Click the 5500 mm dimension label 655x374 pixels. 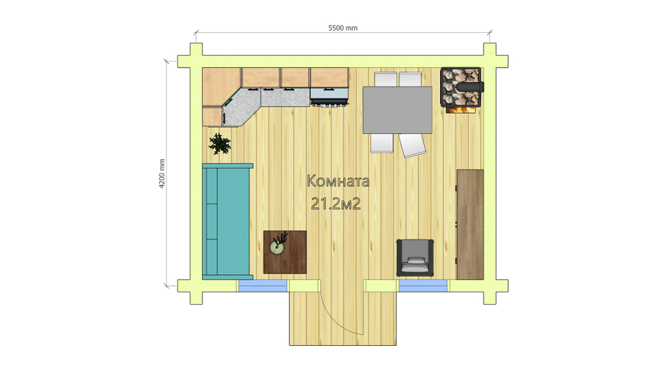point(343,28)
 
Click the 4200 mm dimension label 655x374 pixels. point(162,174)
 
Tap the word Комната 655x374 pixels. point(338,181)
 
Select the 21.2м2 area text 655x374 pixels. point(336,204)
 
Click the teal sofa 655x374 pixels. point(227,221)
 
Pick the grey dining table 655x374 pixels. point(398,110)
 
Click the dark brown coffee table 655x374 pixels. point(285,252)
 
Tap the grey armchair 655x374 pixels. point(415,257)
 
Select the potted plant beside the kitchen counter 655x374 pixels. point(219,144)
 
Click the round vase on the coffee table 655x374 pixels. point(276,248)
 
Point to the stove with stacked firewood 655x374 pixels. point(462,88)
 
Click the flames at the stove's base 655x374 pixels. point(462,110)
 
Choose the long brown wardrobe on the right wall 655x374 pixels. point(470,224)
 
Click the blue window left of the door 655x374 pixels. point(263,286)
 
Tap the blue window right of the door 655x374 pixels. point(423,286)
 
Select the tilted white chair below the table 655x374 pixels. point(412,145)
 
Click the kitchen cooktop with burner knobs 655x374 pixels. point(329,97)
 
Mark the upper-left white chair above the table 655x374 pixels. point(385,79)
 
